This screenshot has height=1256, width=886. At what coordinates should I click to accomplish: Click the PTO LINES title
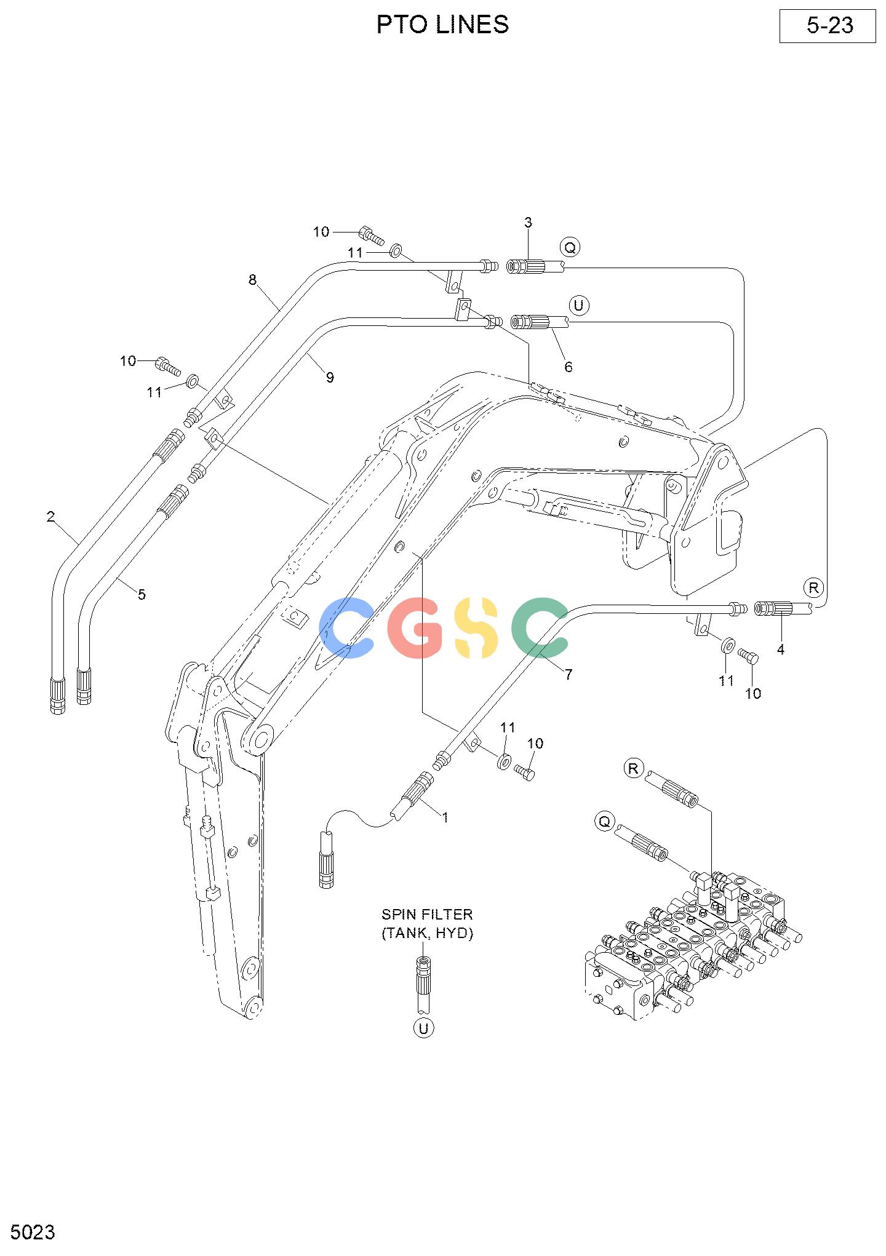pos(442,25)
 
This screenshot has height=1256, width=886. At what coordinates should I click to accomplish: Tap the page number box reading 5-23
pos(828,26)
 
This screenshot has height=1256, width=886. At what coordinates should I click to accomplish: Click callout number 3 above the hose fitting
pos(528,223)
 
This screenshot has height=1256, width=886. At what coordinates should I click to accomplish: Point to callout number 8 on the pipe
pos(252,280)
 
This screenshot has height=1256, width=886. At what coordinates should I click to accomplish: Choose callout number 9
pos(330,378)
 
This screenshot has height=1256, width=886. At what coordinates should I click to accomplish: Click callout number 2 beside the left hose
pos(50,517)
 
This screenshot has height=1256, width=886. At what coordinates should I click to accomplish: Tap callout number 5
pos(142,595)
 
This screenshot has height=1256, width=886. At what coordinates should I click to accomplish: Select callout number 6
pos(569,367)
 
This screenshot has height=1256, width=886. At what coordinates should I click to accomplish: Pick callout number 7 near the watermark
pos(569,675)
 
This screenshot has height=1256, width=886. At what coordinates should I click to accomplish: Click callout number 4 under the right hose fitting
pos(781,649)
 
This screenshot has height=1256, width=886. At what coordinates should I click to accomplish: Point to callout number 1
pos(445,818)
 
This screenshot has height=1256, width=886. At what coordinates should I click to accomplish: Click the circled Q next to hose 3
pos(570,248)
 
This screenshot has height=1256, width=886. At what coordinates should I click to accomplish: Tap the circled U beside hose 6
pos(578,305)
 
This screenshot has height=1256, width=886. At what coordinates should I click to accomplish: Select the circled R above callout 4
pos(814,588)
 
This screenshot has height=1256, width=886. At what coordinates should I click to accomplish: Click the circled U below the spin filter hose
pos(423,1028)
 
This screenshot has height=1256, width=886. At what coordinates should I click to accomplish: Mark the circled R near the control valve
pos(634,768)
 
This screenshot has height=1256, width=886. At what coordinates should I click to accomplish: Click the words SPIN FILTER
pos(427,915)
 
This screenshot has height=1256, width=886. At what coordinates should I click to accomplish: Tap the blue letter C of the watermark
pos(347,627)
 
